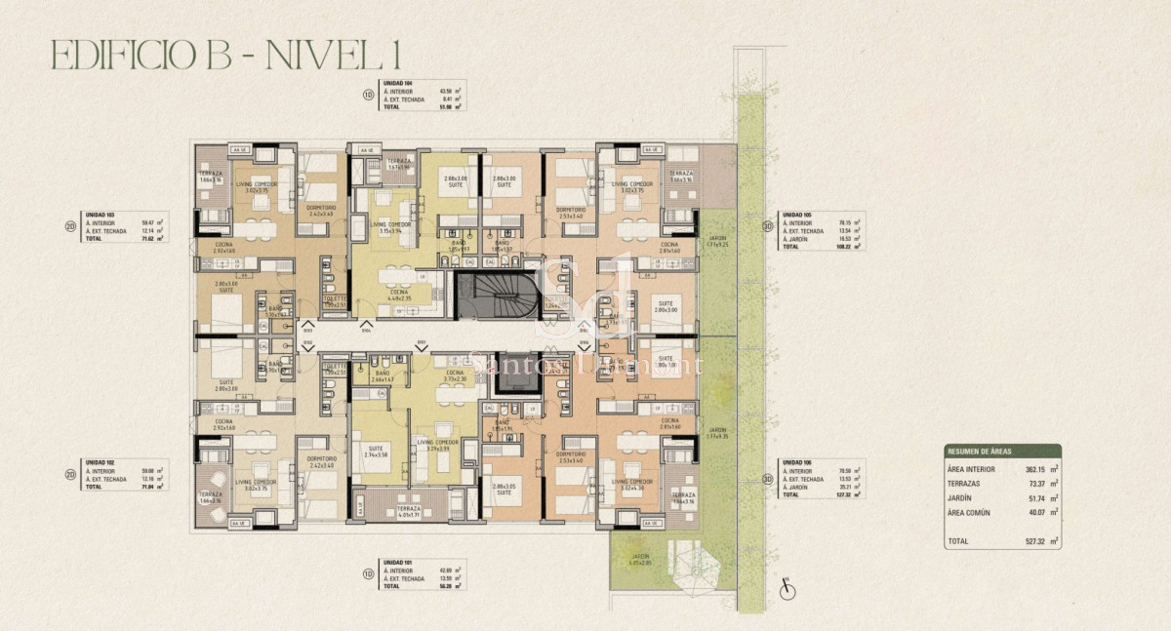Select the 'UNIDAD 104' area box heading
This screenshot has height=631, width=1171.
(397, 84)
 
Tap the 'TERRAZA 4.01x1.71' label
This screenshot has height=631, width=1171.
(401, 512)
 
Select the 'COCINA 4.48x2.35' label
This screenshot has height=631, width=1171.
(400, 296)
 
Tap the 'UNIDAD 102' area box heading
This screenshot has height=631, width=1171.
(101, 463)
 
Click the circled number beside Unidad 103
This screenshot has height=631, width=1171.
(70, 223)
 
